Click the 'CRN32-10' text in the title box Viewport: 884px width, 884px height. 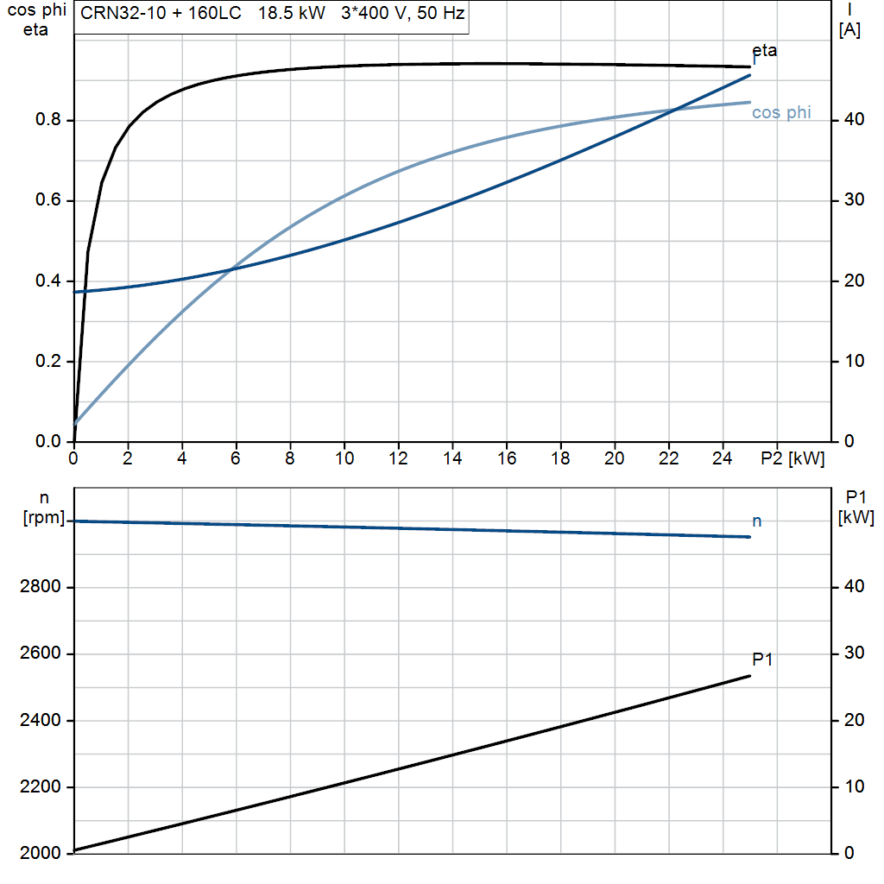click(123, 13)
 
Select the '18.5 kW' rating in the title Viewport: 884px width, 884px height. click(292, 13)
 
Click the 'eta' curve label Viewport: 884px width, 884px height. click(765, 51)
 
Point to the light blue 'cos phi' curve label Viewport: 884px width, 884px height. click(781, 113)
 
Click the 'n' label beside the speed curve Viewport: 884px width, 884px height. click(757, 521)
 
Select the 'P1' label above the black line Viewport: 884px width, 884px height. click(762, 659)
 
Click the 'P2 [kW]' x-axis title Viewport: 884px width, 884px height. click(792, 459)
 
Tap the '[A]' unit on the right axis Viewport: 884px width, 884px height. click(849, 30)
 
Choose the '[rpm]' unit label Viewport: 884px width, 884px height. click(44, 518)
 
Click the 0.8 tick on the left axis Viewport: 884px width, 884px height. click(48, 119)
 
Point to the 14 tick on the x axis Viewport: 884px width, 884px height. click(452, 458)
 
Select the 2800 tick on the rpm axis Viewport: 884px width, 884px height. click(40, 587)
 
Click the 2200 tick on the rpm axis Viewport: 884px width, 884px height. click(40, 787)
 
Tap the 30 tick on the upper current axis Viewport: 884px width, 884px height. click(854, 200)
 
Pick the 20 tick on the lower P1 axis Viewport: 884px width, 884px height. click(854, 721)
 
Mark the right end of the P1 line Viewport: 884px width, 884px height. click(750, 676)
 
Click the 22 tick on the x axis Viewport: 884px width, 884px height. click(669, 458)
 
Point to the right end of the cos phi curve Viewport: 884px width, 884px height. click(750, 103)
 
